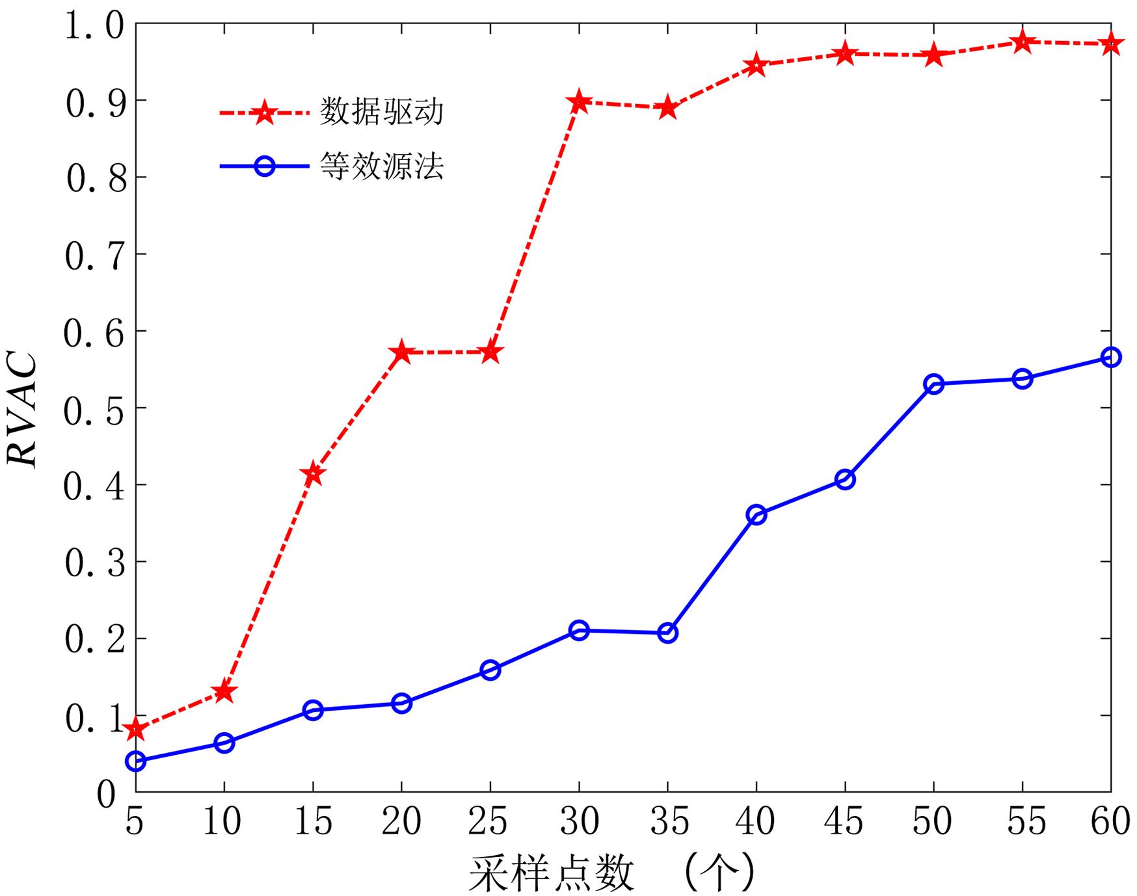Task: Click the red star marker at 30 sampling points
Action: pyautogui.click(x=579, y=102)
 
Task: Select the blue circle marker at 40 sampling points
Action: pyautogui.click(x=756, y=515)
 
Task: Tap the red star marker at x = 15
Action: pyautogui.click(x=313, y=473)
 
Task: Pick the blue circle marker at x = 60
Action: pyautogui.click(x=1111, y=357)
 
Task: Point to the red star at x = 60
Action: pyautogui.click(x=1111, y=44)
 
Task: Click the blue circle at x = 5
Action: pyautogui.click(x=135, y=761)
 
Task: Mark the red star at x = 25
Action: pyautogui.click(x=490, y=352)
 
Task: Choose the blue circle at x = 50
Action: pyautogui.click(x=934, y=384)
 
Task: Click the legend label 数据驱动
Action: pyautogui.click(x=382, y=112)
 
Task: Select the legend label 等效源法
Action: pyautogui.click(x=382, y=166)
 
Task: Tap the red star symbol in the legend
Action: pyautogui.click(x=265, y=112)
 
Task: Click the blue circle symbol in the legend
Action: pyautogui.click(x=265, y=166)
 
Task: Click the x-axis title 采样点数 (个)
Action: pyautogui.click(x=611, y=873)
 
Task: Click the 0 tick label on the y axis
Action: pyautogui.click(x=106, y=794)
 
